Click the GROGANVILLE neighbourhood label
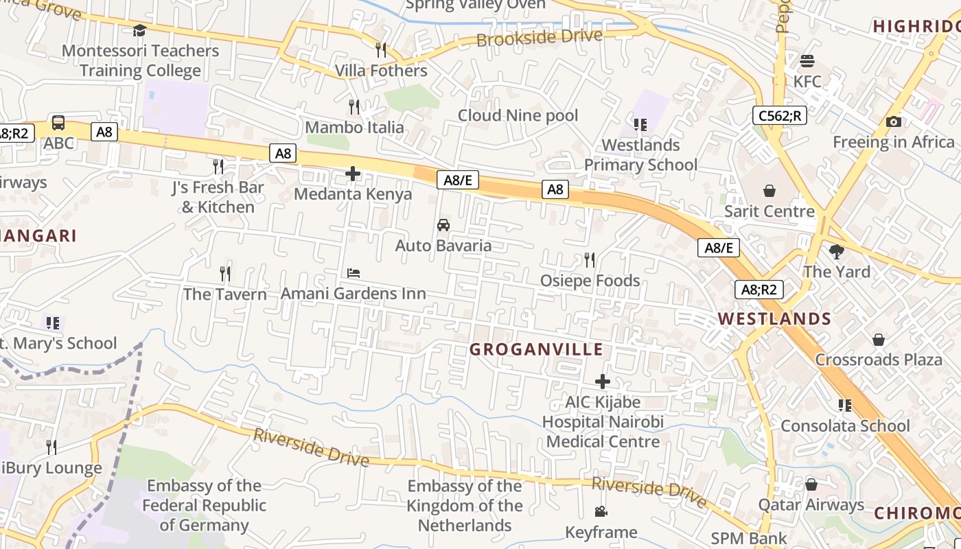(x=536, y=349)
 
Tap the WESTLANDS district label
(x=774, y=319)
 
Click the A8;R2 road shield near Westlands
(x=759, y=290)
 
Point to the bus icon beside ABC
(x=58, y=124)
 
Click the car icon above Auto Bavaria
(x=443, y=225)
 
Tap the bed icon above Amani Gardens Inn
(x=354, y=273)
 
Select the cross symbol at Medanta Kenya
(x=353, y=174)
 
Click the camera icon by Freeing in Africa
(x=893, y=122)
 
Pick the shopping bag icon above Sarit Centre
(x=769, y=191)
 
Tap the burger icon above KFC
(x=807, y=61)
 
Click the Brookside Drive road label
(x=540, y=38)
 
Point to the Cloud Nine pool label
(x=518, y=115)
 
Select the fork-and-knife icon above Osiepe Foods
(x=589, y=259)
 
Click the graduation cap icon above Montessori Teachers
(x=139, y=30)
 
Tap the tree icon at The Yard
(x=836, y=252)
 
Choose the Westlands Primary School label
(x=640, y=155)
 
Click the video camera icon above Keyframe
(x=601, y=512)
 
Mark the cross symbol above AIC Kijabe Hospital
(x=603, y=382)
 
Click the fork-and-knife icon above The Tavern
(x=225, y=274)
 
